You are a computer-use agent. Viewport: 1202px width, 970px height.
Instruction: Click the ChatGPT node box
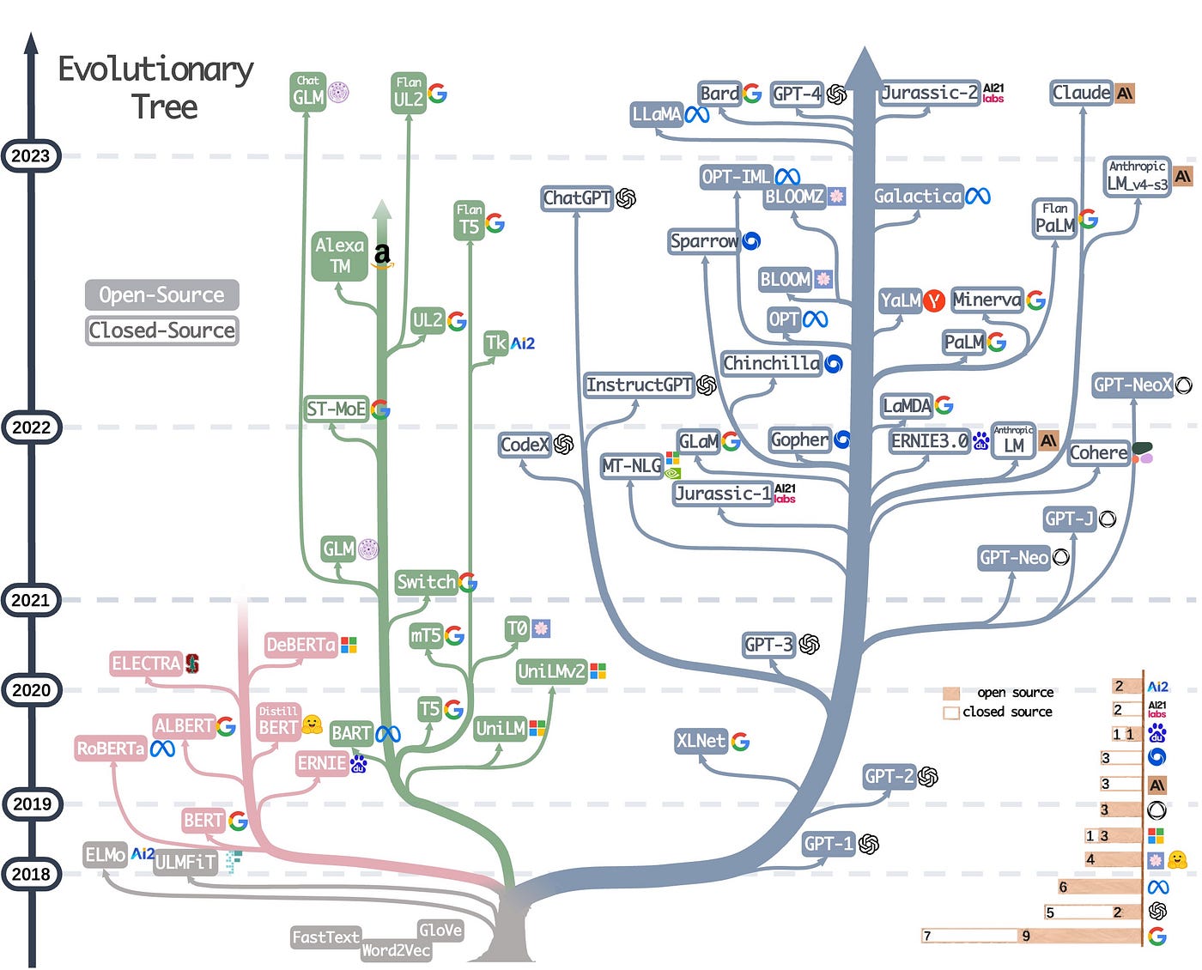click(576, 198)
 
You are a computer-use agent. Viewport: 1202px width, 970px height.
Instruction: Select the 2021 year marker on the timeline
click(31, 600)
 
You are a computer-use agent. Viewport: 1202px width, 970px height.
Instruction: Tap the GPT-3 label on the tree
click(769, 645)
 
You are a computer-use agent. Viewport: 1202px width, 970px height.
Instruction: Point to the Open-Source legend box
click(161, 295)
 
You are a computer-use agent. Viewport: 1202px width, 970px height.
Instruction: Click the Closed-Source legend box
click(161, 330)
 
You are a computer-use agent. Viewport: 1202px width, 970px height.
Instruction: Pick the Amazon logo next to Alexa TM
click(383, 255)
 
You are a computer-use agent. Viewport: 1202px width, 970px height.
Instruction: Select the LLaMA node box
click(657, 114)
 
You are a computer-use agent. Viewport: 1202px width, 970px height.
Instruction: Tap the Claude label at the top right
click(1082, 93)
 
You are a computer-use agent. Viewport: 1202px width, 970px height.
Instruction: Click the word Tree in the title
click(164, 107)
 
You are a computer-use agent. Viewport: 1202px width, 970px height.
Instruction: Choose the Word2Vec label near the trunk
click(396, 950)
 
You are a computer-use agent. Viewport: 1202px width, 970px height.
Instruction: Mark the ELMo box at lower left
click(105, 855)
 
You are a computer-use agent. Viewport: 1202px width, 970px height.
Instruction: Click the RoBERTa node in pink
click(111, 749)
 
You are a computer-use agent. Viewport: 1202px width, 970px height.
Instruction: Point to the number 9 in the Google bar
click(1026, 936)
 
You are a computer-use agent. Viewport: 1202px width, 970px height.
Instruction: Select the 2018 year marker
click(31, 874)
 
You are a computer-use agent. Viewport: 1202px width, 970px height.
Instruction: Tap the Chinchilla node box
click(771, 364)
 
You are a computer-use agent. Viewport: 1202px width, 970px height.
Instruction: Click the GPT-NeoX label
click(1132, 385)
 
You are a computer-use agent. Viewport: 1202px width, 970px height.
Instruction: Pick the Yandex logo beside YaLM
click(934, 300)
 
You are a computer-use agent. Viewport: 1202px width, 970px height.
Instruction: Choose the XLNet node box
click(701, 741)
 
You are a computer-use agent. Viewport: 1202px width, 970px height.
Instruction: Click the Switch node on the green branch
click(426, 582)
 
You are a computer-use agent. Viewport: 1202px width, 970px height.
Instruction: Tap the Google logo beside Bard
click(752, 93)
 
